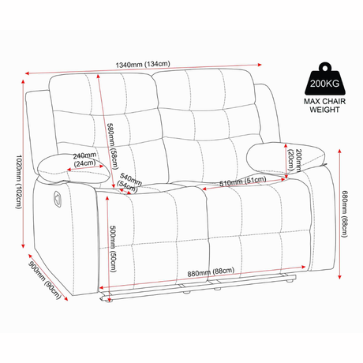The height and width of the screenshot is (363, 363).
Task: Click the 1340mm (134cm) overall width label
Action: (x=143, y=64)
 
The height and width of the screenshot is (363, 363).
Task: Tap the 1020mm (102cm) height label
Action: (x=19, y=181)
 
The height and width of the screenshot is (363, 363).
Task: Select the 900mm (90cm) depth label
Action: (x=45, y=280)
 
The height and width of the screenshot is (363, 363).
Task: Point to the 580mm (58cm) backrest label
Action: (x=113, y=147)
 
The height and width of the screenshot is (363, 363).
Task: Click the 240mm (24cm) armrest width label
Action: (x=84, y=159)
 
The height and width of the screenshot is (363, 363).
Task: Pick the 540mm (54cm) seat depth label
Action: (x=129, y=182)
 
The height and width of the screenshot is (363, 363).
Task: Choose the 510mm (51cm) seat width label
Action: (x=243, y=181)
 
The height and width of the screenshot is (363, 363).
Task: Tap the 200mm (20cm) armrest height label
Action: (x=294, y=160)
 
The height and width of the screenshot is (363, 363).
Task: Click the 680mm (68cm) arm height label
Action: (x=345, y=214)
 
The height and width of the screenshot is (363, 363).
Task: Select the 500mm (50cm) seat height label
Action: (x=113, y=249)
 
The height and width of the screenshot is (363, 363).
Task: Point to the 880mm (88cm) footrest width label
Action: (x=211, y=272)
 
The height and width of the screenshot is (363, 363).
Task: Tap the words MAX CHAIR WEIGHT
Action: (x=325, y=106)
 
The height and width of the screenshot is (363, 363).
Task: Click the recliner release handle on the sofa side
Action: (x=58, y=198)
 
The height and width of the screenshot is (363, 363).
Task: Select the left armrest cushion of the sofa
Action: (x=73, y=169)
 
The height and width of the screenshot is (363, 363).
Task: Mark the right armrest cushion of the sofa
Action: (x=286, y=158)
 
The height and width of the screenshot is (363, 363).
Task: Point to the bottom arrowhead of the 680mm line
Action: (x=339, y=277)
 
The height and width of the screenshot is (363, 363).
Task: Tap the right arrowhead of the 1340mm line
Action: (x=260, y=65)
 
